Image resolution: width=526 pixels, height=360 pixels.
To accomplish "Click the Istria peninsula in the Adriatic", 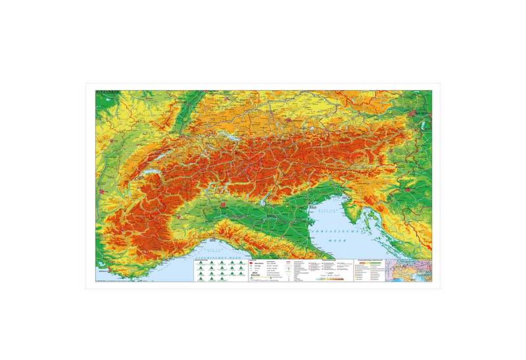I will coord(352,209).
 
